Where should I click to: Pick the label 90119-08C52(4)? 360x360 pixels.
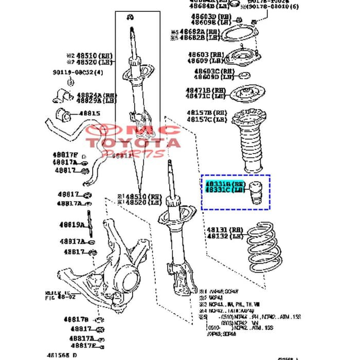[x=77, y=72]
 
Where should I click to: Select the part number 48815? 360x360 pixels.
[x=88, y=114]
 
